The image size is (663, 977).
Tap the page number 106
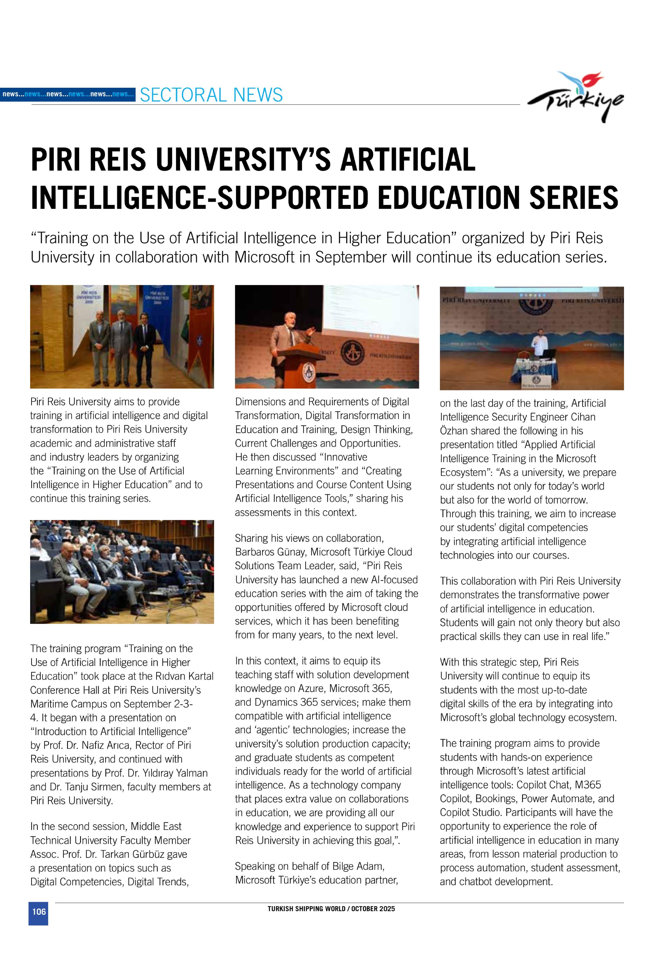coord(39,911)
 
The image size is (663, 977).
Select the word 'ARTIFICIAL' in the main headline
coord(407,160)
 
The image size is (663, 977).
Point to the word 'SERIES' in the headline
coord(573,198)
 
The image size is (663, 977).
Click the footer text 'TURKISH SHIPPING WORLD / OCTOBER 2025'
coord(331,908)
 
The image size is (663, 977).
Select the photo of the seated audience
coord(122,571)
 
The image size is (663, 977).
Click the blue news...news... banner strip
coord(68,94)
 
